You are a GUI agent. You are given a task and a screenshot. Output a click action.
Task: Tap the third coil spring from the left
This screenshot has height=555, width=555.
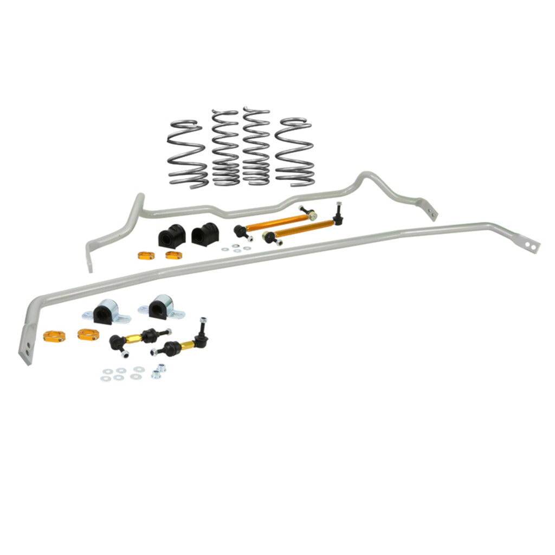tap(256, 146)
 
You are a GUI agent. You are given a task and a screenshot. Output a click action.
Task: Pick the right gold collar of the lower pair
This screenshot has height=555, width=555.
tap(87, 334)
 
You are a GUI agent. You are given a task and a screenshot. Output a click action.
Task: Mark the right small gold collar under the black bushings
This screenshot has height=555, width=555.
tap(173, 255)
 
